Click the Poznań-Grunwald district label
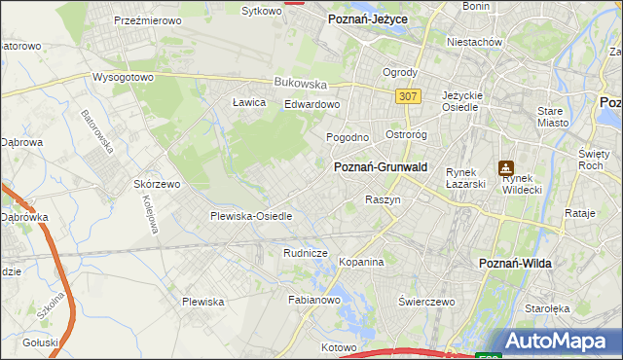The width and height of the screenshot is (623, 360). point(381,167)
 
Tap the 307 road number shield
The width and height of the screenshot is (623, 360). point(409,96)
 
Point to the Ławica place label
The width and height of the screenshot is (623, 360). point(249,102)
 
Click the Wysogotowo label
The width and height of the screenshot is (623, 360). point(124,76)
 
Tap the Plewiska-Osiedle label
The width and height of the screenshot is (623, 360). point(251,216)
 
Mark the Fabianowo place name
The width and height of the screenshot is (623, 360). point(312,301)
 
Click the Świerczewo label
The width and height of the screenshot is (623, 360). point(427,302)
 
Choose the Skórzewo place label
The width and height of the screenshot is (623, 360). point(158,184)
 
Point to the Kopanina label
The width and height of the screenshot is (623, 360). point(362,262)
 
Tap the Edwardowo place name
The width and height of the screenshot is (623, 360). point(311,104)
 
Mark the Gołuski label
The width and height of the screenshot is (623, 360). point(41,342)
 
